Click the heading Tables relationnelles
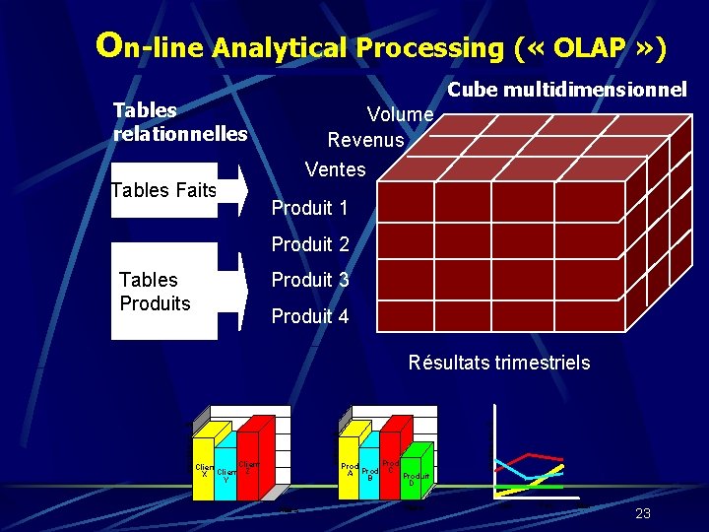180,121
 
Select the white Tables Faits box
163,190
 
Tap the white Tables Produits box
163,292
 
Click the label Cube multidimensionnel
566,90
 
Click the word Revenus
365,140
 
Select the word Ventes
335,169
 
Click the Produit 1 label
309,208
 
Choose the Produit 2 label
309,243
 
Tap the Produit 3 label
309,280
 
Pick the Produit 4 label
309,316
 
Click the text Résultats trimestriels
499,363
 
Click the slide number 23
643,513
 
